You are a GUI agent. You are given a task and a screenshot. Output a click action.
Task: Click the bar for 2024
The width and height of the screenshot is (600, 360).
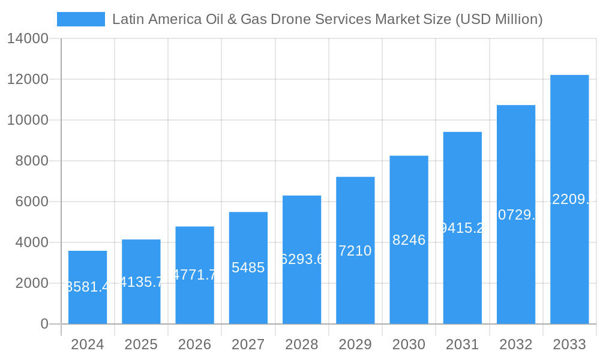click(88, 287)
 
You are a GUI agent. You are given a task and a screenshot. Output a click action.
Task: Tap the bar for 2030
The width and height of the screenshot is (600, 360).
click(409, 240)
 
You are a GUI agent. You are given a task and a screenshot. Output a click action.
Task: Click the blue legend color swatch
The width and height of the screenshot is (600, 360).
click(80, 19)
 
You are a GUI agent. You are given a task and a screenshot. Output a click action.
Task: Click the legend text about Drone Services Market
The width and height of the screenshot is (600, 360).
click(327, 19)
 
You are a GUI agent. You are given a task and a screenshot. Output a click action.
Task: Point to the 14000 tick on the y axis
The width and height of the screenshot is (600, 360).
click(28, 39)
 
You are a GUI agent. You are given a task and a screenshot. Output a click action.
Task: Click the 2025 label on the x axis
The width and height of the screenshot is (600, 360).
click(141, 344)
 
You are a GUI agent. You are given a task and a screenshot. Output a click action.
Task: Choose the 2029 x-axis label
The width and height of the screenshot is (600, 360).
click(355, 344)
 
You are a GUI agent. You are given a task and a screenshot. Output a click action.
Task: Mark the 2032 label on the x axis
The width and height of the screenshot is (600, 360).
click(516, 344)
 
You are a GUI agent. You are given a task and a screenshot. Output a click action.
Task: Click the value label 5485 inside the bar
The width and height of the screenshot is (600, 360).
click(248, 268)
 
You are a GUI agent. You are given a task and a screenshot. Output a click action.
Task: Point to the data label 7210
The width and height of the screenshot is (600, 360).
click(355, 251)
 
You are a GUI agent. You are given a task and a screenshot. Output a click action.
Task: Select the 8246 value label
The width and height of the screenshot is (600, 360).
click(409, 240)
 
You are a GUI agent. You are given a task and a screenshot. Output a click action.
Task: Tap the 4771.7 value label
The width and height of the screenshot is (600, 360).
click(194, 275)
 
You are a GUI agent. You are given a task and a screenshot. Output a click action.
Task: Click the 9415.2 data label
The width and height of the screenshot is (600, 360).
click(462, 228)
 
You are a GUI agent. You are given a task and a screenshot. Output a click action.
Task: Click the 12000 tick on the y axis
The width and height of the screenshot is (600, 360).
click(28, 79)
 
